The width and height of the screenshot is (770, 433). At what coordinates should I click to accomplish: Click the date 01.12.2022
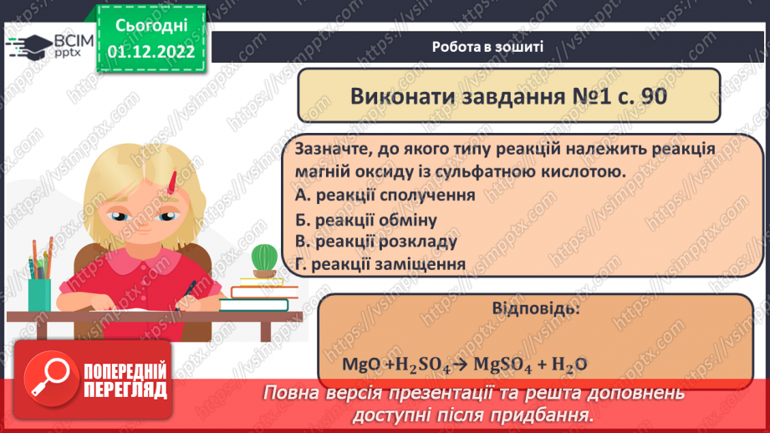(x=151, y=52)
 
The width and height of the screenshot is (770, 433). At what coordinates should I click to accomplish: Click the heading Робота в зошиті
(x=488, y=47)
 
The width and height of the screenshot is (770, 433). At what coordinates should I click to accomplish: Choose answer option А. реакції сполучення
(x=385, y=195)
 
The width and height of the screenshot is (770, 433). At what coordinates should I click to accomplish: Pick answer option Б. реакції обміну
(x=366, y=219)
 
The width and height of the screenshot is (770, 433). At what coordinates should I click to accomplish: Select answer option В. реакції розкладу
(x=376, y=242)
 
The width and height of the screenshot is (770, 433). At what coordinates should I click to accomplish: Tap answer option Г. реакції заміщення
(x=380, y=265)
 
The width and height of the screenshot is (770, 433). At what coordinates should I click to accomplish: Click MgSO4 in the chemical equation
(x=500, y=364)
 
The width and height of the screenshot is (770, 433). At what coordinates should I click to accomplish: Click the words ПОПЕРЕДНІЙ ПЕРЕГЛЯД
(x=125, y=381)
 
